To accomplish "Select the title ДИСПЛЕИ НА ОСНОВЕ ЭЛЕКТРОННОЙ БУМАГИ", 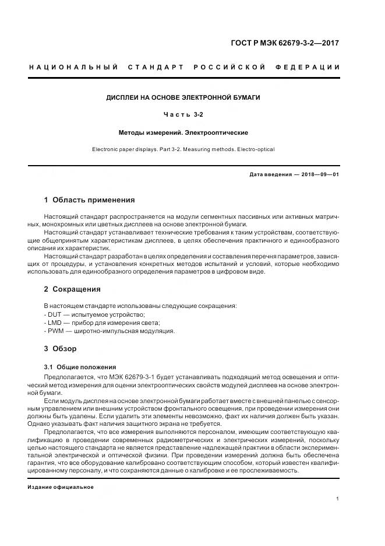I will [183, 97].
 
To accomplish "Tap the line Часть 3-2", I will [183, 116].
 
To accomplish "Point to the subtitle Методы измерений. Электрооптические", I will [183, 133].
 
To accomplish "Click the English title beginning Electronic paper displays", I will [183, 149].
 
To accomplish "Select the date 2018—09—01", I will [318, 174].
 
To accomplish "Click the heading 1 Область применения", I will [89, 200].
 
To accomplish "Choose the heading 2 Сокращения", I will [72, 289].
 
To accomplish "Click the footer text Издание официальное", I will [61, 487].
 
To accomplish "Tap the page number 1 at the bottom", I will [338, 499].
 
